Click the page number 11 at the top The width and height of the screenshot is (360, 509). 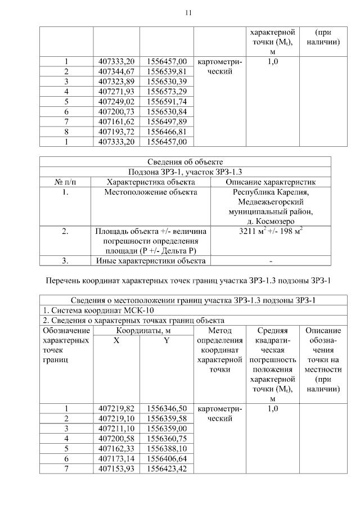tap(188, 12)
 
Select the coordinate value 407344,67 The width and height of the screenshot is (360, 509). tap(116, 71)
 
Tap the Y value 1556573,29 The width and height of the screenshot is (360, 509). tap(166, 91)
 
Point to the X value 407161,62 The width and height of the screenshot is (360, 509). tap(116, 121)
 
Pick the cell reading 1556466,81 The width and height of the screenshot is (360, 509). tap(166, 131)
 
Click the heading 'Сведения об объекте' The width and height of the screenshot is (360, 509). tap(185, 162)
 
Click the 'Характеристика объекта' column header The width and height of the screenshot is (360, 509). tap(150, 182)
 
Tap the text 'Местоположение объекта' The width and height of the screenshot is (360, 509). tap(150, 192)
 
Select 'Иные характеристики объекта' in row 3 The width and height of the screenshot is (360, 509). tap(150, 260)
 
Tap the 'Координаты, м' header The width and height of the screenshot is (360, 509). tap(143, 331)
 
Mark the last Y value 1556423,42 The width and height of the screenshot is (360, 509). tap(166, 469)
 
